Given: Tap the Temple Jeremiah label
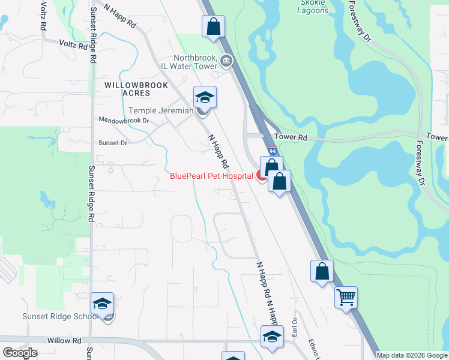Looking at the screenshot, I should [161, 110].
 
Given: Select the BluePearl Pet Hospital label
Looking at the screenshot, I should [212, 176].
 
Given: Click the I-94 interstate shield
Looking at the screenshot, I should [272, 152].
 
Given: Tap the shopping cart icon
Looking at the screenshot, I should [346, 297].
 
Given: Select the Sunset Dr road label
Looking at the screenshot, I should [113, 143].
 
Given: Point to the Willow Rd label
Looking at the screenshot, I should [68, 340].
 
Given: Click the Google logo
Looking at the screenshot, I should [20, 353].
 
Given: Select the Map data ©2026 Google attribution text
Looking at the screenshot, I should [412, 355].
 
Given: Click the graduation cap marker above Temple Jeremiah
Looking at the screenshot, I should [205, 97].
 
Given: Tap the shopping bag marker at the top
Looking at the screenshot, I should [213, 26].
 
